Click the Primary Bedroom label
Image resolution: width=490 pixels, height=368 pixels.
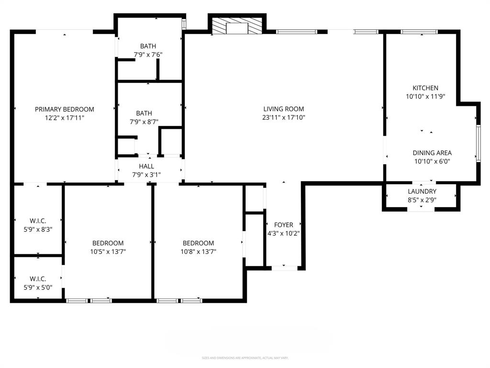pyautogui.click(x=65, y=109)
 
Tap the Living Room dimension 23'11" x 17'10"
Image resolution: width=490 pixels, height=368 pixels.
pyautogui.click(x=284, y=117)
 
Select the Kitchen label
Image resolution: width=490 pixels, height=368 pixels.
pyautogui.click(x=425, y=88)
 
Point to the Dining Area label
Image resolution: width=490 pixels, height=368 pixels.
pyautogui.click(x=432, y=153)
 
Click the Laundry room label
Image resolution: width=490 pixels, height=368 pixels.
pyautogui.click(x=422, y=192)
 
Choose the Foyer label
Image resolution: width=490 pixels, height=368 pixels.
pyautogui.click(x=283, y=225)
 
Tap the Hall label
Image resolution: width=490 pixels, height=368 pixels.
pyautogui.click(x=146, y=166)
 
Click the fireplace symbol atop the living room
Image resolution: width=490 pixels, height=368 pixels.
pyautogui.click(x=237, y=27)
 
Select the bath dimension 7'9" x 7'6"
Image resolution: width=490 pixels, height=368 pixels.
pyautogui.click(x=148, y=55)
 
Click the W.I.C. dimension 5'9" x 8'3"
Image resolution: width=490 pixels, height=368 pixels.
pyautogui.click(x=38, y=229)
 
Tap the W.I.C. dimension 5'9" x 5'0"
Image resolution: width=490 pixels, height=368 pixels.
pyautogui.click(x=38, y=287)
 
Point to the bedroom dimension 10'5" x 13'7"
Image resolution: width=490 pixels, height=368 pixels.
pyautogui.click(x=108, y=251)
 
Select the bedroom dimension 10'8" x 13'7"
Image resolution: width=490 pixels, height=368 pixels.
pyautogui.click(x=198, y=251)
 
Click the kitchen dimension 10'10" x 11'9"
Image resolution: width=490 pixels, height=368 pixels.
pyautogui.click(x=425, y=96)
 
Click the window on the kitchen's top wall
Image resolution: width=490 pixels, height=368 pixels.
pyautogui.click(x=416, y=32)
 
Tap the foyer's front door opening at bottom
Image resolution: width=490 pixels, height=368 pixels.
pyautogui.click(x=284, y=268)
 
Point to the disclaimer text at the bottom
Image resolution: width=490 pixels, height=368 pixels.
pyautogui.click(x=245, y=358)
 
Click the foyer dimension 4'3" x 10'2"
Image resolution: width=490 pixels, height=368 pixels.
pyautogui.click(x=283, y=233)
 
